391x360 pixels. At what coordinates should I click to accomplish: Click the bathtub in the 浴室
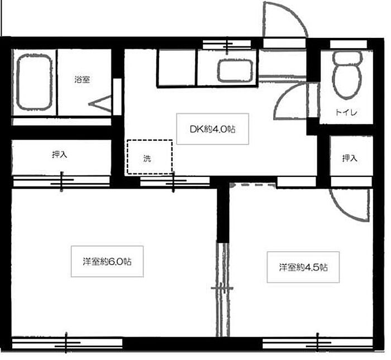[34, 82]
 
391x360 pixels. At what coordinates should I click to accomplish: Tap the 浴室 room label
[82, 79]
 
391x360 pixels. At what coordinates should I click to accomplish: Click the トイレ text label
[347, 113]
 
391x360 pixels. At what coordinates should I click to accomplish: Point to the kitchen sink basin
[236, 71]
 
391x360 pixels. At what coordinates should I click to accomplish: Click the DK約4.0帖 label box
[212, 129]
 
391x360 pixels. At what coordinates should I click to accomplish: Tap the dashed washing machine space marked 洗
[150, 157]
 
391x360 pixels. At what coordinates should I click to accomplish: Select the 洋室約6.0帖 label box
[107, 261]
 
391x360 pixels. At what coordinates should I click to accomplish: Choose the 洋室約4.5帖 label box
[303, 267]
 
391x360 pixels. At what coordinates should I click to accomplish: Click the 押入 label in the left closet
[60, 155]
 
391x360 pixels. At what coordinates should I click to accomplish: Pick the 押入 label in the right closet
[350, 158]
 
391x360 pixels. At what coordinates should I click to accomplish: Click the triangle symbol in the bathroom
[101, 104]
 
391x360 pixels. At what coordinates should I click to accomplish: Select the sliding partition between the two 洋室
[222, 290]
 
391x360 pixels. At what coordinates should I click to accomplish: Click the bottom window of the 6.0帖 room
[67, 343]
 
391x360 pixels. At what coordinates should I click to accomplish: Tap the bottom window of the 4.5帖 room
[317, 343]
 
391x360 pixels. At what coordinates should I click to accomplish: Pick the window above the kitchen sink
[227, 45]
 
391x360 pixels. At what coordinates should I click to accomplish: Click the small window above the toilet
[349, 44]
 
